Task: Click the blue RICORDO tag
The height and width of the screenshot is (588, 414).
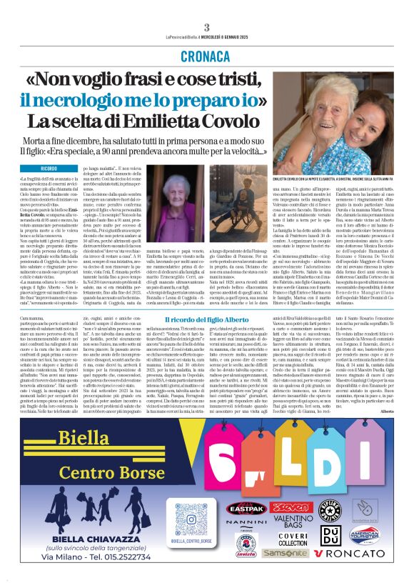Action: [49, 169]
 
